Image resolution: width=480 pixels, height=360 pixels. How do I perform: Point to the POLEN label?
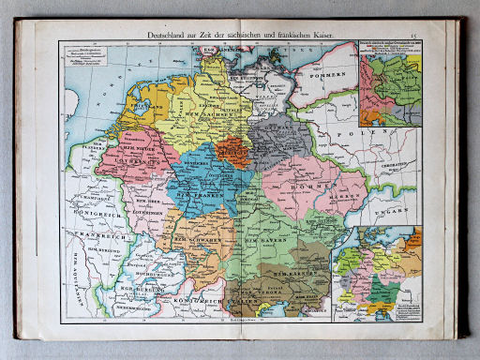pyautogui.click(x=364, y=134)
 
